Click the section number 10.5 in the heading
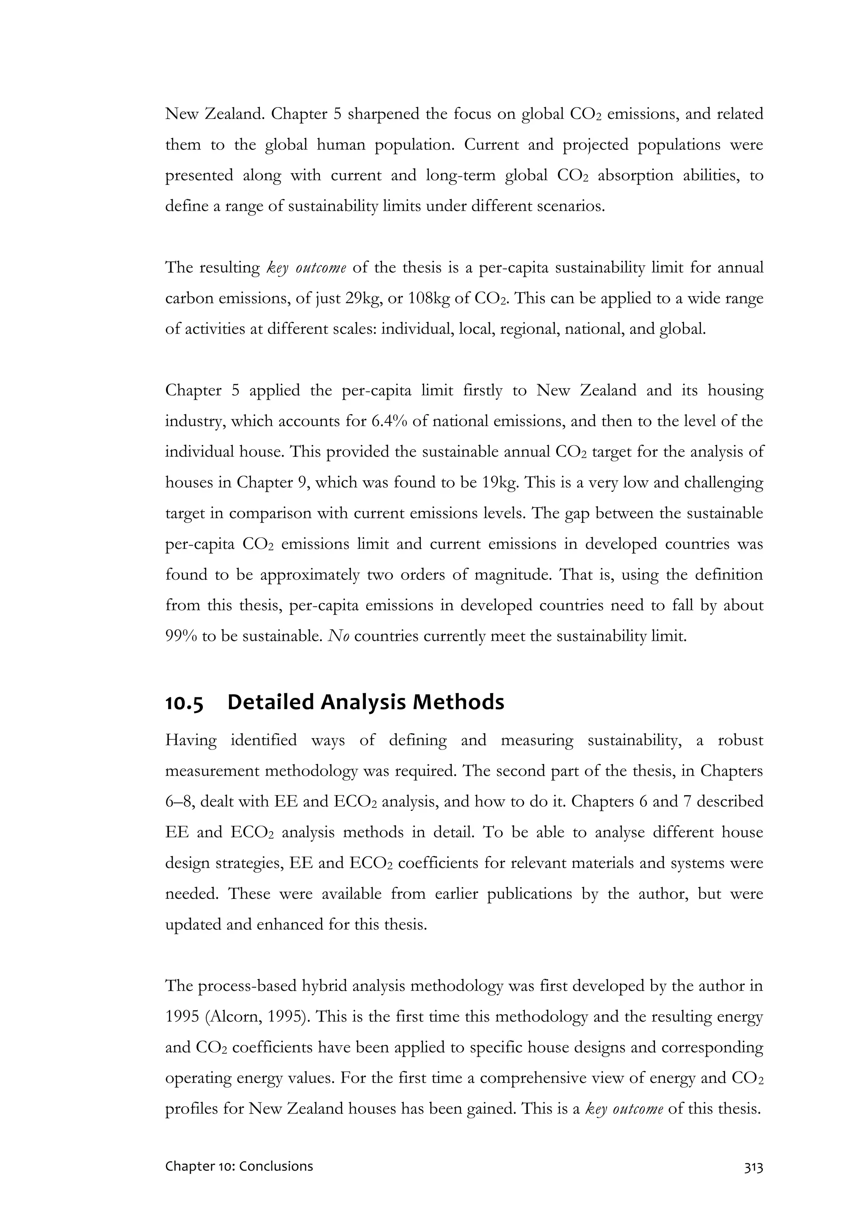point(184,703)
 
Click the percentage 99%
point(181,636)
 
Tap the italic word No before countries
point(339,636)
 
